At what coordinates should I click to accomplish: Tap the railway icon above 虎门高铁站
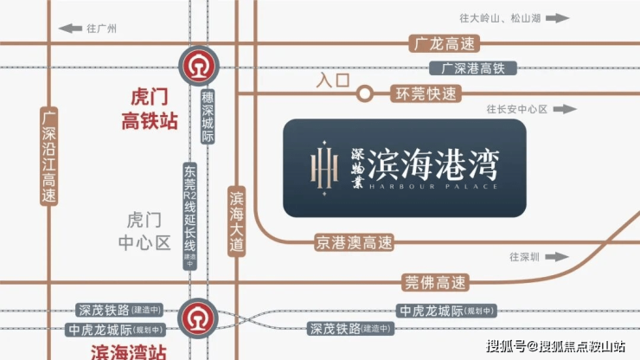click(197, 66)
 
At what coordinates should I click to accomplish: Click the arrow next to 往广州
click(67, 29)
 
